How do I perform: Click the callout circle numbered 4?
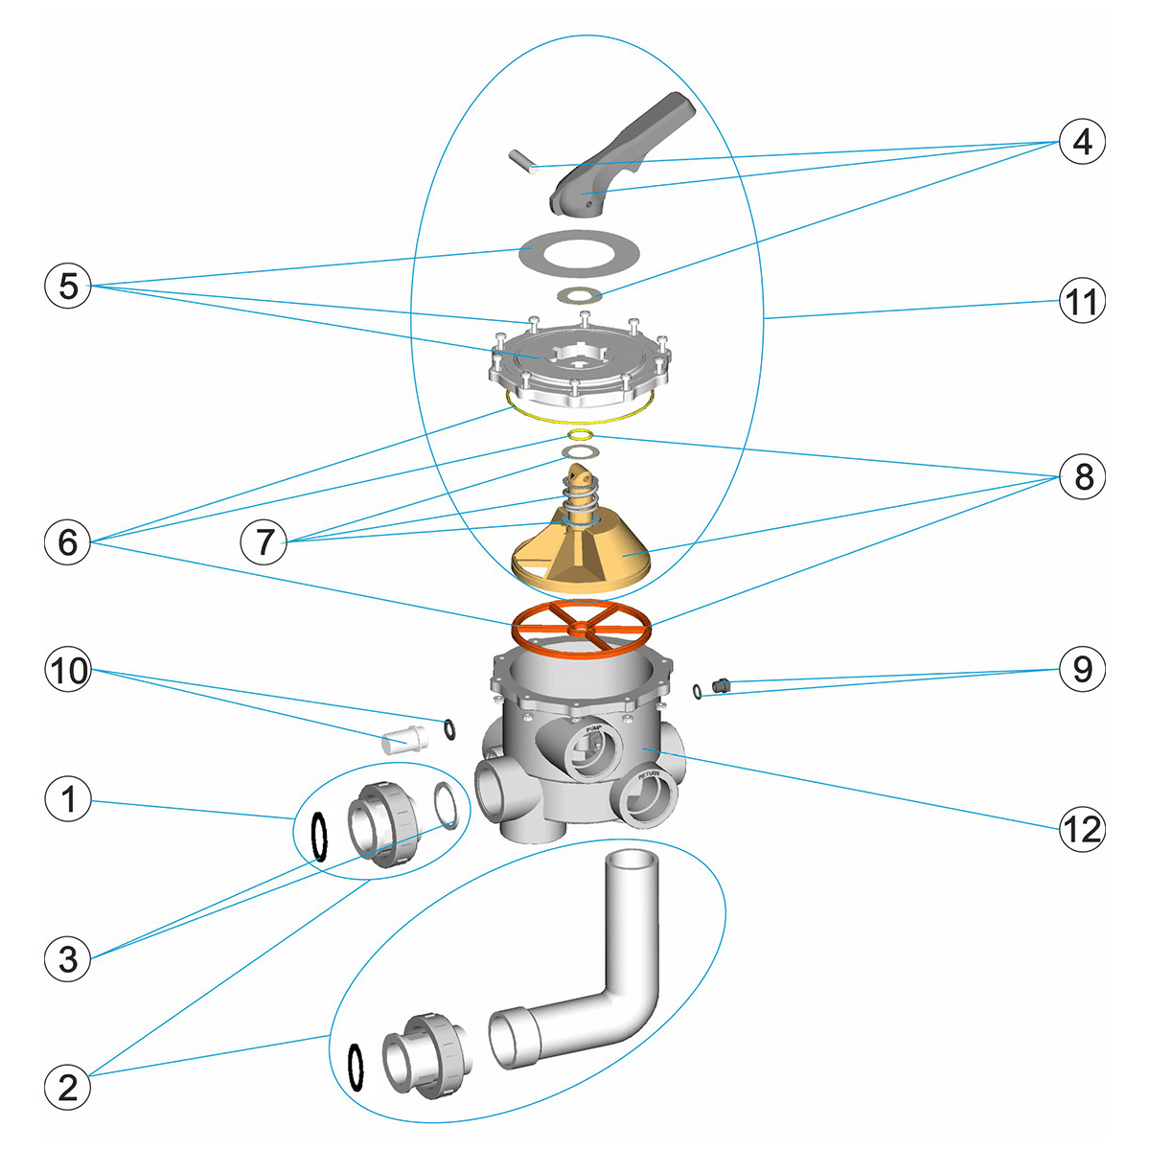[x=1082, y=142]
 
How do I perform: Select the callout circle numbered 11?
[x=1082, y=302]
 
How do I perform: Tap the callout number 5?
[x=68, y=285]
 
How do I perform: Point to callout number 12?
[x=1082, y=828]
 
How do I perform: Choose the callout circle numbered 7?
[x=264, y=542]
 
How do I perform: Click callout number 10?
[x=68, y=670]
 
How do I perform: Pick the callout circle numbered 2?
[x=68, y=1087]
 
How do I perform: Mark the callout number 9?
[x=1082, y=668]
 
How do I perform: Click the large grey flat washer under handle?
[x=579, y=254]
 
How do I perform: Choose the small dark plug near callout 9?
[x=722, y=684]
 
